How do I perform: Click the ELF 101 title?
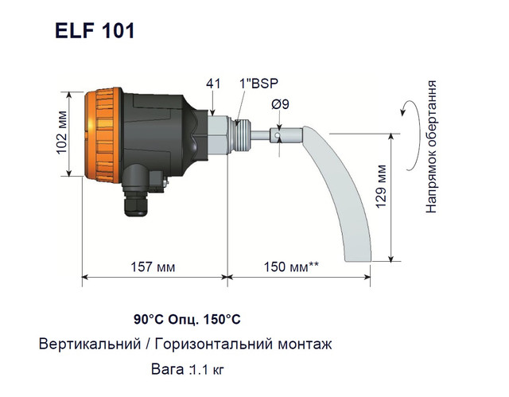pos(95,31)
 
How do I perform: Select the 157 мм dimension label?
pos(153,267)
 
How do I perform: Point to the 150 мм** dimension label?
pos(291,267)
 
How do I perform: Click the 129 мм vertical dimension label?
pos(381,186)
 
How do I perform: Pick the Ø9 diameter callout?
pos(280,104)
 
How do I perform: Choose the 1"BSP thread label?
pos(258,84)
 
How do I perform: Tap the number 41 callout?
pos(213,84)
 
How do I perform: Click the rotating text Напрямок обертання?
pos(431,146)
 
